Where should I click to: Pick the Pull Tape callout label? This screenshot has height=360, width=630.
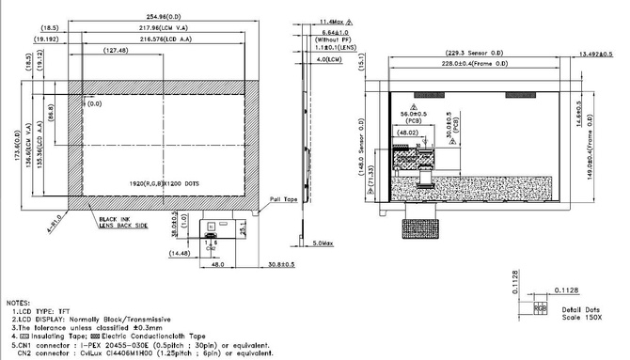pyautogui.click(x=282, y=200)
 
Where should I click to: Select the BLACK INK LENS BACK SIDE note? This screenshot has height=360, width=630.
pyautogui.click(x=123, y=223)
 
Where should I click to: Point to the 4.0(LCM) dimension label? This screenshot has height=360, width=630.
pyautogui.click(x=328, y=61)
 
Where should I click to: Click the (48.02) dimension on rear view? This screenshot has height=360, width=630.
pyautogui.click(x=408, y=133)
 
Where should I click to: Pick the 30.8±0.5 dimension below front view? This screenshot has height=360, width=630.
pyautogui.click(x=282, y=264)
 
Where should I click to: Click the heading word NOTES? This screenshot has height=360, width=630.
pyautogui.click(x=18, y=303)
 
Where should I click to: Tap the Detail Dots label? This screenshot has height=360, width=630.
pyautogui.click(x=580, y=309)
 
